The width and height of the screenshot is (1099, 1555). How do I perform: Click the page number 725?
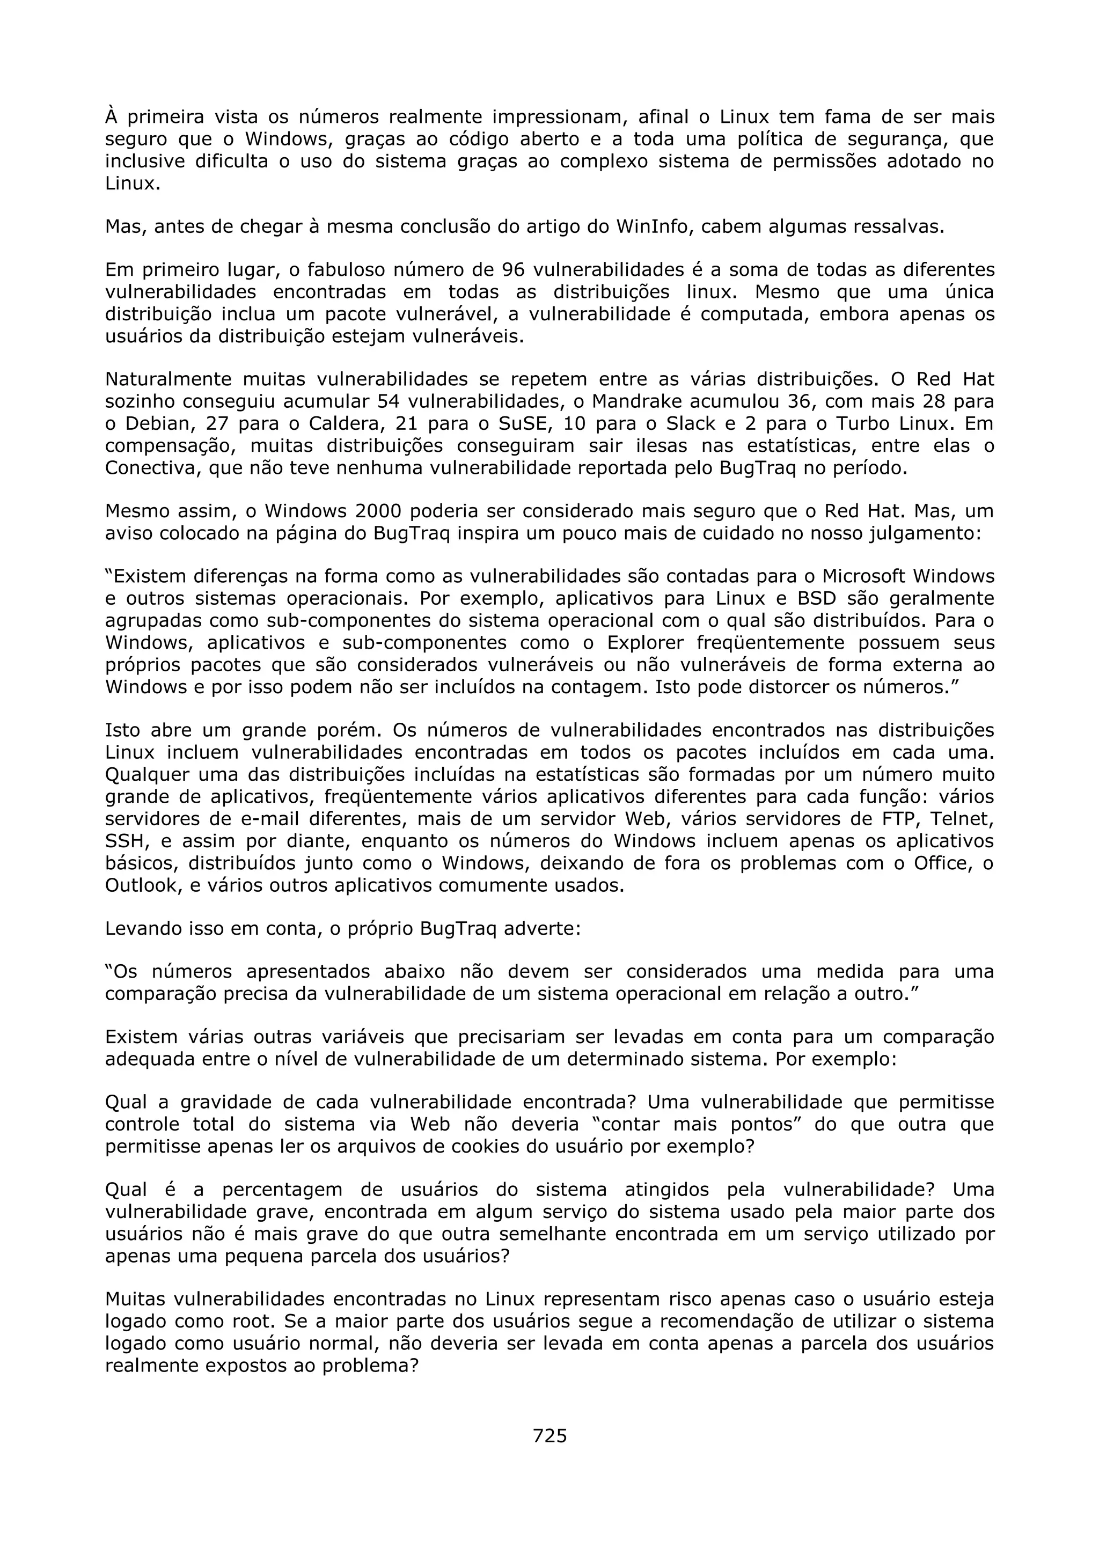click(549, 1435)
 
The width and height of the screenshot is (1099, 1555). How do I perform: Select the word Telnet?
click(961, 819)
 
